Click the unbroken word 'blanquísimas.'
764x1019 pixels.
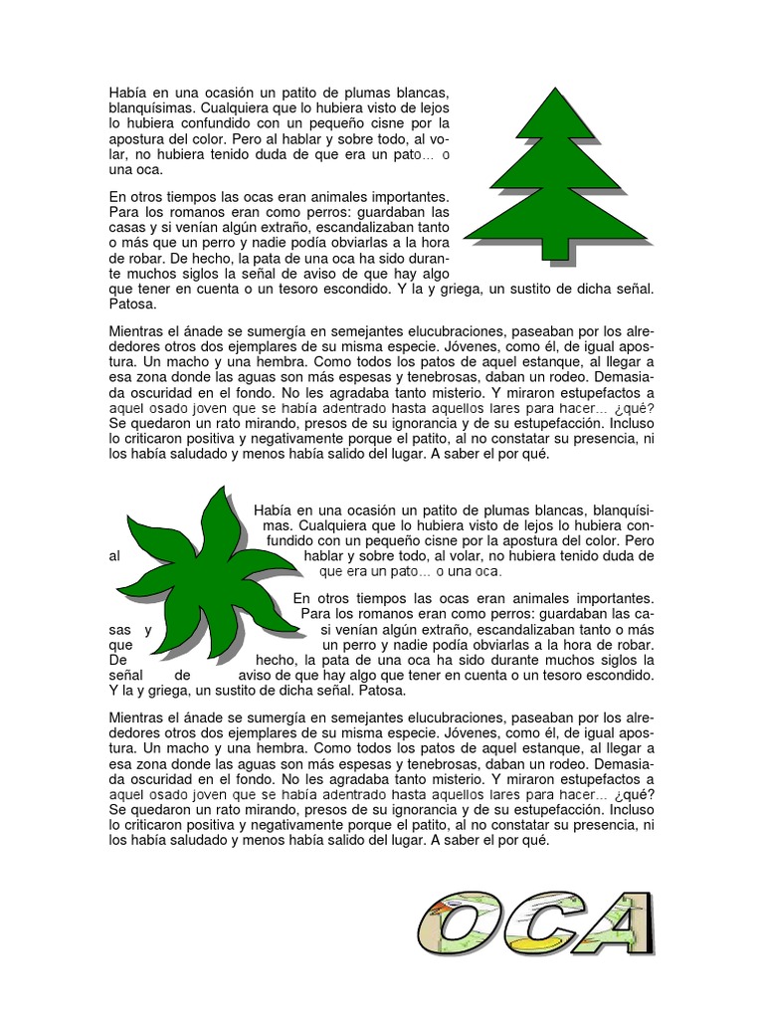(152, 107)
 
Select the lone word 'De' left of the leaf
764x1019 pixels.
(117, 659)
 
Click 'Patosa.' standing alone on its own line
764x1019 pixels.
(132, 305)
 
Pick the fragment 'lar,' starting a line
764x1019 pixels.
(121, 155)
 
